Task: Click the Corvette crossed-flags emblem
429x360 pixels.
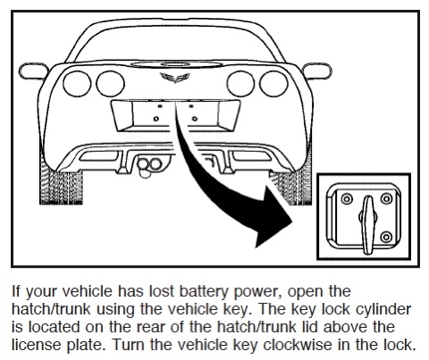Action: [175, 78]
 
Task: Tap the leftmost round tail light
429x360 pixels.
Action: [77, 84]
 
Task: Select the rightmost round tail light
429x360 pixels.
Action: [273, 84]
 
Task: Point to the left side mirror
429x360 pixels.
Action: [33, 71]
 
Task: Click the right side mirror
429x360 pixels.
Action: [316, 71]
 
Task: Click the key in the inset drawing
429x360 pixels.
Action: [368, 225]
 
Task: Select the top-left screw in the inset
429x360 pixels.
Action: [347, 198]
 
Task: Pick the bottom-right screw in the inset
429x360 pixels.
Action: [386, 237]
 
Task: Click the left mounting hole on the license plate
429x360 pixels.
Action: [156, 119]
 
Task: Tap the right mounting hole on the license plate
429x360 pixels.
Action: [195, 119]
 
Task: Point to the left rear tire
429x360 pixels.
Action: [61, 185]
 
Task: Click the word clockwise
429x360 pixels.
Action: [298, 345]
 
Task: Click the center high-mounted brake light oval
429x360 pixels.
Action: [176, 63]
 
